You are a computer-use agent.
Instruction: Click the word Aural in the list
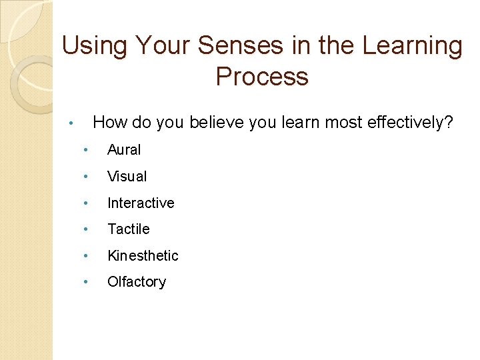(x=124, y=150)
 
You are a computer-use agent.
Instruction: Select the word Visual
(x=127, y=177)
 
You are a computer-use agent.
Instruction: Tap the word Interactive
(x=141, y=203)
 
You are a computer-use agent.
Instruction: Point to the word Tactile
(x=129, y=229)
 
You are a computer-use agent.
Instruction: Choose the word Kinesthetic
(x=143, y=255)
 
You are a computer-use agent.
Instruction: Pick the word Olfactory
(x=137, y=282)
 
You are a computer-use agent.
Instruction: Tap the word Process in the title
(x=262, y=77)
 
